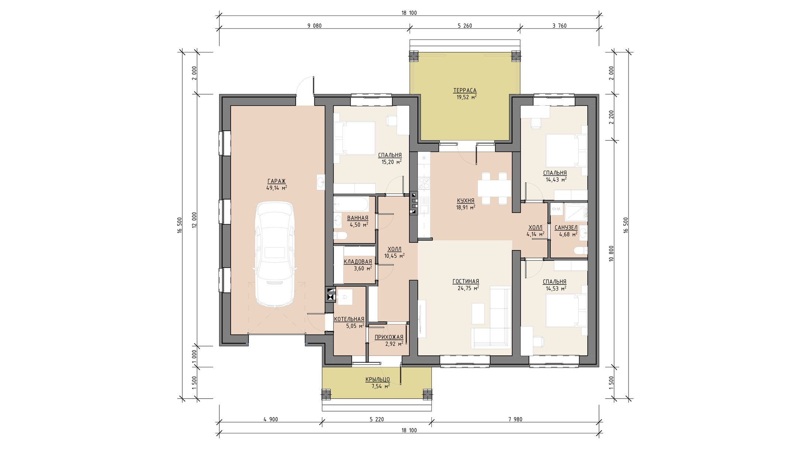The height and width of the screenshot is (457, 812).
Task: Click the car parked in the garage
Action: tap(275, 254)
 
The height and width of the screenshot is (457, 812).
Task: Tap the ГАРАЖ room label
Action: tap(276, 181)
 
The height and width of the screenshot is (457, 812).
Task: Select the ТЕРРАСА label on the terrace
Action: tap(465, 91)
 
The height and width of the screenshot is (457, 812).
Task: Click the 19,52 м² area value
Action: tap(466, 97)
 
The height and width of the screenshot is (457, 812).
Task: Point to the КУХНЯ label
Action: tap(465, 201)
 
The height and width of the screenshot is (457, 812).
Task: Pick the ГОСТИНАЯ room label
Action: tap(466, 282)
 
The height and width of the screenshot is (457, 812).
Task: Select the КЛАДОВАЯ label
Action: tap(358, 262)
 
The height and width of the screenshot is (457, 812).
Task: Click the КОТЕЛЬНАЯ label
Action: tap(349, 319)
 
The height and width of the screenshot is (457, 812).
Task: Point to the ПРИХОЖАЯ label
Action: tap(389, 337)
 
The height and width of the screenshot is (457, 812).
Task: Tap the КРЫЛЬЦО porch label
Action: tap(378, 379)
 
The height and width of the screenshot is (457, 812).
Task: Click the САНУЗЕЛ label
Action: tap(566, 228)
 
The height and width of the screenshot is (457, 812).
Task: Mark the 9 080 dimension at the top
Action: tap(314, 26)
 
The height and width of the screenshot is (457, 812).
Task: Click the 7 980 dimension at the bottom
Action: tap(515, 419)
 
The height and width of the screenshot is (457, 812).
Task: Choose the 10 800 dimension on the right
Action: tap(612, 254)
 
